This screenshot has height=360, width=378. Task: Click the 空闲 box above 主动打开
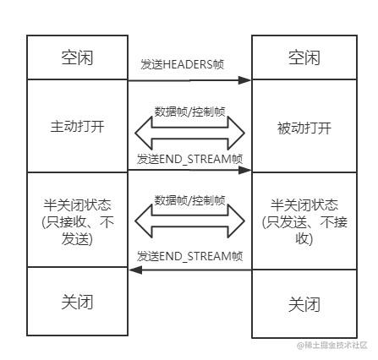click(77, 57)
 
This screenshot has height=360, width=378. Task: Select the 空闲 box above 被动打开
click(302, 57)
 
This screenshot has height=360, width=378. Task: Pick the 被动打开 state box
click(302, 129)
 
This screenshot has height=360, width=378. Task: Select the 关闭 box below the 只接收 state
click(77, 302)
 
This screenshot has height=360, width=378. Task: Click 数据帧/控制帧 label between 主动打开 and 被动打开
click(189, 111)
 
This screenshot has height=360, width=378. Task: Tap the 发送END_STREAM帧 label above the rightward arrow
click(189, 158)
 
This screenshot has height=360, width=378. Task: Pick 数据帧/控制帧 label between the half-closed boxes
click(189, 201)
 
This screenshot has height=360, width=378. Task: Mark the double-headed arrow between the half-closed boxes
click(189, 221)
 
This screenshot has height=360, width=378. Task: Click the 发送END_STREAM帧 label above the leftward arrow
click(189, 255)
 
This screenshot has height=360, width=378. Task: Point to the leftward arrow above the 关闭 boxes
click(189, 270)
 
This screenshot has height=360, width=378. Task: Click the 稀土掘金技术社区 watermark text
click(334, 346)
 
